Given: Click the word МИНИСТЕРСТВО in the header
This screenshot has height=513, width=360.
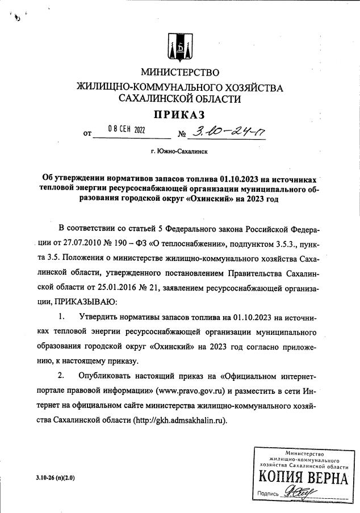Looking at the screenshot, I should point(179,73).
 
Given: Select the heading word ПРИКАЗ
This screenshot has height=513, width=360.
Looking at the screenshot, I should point(179,115).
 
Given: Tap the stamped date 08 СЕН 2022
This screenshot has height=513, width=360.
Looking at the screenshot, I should point(126,130).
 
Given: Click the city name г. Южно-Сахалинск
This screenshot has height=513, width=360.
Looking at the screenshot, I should point(179,152).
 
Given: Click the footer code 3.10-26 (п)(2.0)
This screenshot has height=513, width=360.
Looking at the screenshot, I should point(55,478).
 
